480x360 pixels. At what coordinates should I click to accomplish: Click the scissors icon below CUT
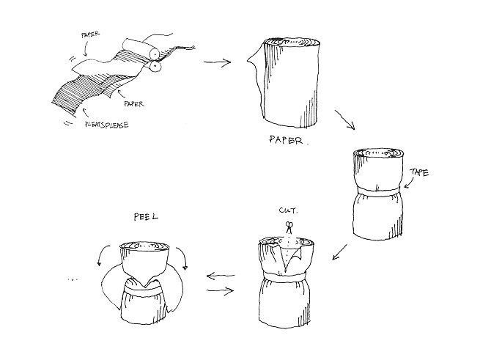289,227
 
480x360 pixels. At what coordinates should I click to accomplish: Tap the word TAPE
419,172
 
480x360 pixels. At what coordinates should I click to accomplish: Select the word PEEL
146,217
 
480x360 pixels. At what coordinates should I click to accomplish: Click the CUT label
288,210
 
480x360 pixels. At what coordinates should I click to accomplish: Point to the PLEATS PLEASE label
107,125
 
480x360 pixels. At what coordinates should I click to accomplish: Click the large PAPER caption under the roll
286,140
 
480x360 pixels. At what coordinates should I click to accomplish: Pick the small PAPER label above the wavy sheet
90,34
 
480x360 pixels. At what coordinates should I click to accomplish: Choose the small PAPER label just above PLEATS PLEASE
134,104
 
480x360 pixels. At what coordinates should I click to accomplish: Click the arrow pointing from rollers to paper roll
217,62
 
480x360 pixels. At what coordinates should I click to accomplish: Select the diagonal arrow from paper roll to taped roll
345,120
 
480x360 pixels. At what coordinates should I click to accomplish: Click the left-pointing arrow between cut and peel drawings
221,276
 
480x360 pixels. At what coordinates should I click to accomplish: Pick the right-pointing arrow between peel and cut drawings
221,290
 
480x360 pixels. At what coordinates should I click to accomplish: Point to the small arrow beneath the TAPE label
410,183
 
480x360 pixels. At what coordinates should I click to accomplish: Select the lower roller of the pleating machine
155,66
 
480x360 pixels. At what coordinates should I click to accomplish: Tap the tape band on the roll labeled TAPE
378,191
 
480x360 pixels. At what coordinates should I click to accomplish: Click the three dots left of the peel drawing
73,279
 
